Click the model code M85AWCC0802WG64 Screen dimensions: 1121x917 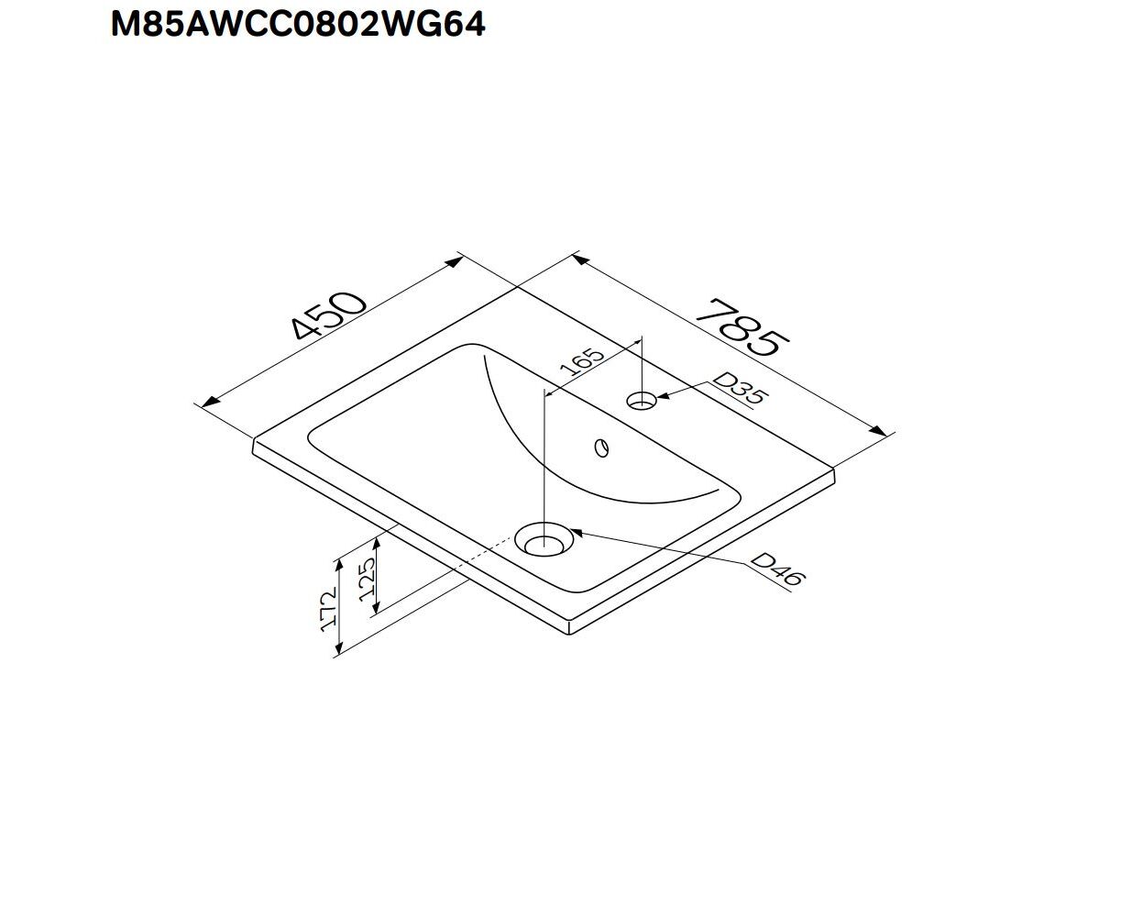pos(298,25)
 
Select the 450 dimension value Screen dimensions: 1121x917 pos(330,315)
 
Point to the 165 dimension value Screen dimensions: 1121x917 pos(583,361)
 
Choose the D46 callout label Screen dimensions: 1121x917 pos(778,569)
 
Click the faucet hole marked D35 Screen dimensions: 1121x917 pos(642,400)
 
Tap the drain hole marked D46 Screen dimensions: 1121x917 pos(544,539)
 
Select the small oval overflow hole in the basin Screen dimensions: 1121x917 pos(601,447)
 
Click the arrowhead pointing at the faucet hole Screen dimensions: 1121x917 pos(665,396)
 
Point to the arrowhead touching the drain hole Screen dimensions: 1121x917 pos(577,531)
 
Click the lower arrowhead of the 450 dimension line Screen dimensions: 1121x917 pos(212,401)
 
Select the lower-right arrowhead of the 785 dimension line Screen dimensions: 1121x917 pos(878,430)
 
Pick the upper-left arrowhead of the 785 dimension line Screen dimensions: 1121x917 pos(581,260)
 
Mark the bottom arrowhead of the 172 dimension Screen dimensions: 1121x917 pos(338,646)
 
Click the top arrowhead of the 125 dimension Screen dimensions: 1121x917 pos(377,546)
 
